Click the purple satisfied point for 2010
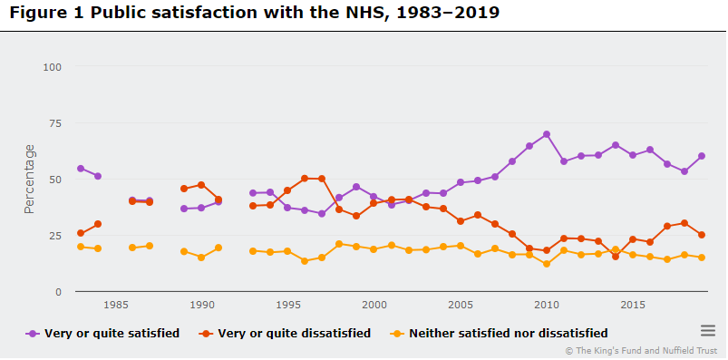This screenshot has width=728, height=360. pyautogui.click(x=547, y=134)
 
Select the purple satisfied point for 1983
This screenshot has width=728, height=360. pyautogui.click(x=81, y=169)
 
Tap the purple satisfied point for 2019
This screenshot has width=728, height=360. pyautogui.click(x=702, y=156)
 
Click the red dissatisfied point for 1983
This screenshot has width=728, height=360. pyautogui.click(x=81, y=233)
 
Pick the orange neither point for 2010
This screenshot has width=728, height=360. pyautogui.click(x=547, y=264)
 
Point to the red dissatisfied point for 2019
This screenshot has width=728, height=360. pyautogui.click(x=702, y=235)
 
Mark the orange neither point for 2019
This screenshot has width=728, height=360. pyautogui.click(x=702, y=258)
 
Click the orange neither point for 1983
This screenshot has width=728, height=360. pyautogui.click(x=81, y=247)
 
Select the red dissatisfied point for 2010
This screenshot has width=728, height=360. pyautogui.click(x=547, y=251)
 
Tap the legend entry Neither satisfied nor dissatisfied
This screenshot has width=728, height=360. pyautogui.click(x=508, y=333)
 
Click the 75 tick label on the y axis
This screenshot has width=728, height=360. pyautogui.click(x=54, y=123)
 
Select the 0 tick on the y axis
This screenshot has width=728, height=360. pyautogui.click(x=57, y=292)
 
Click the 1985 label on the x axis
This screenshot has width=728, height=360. pyautogui.click(x=115, y=306)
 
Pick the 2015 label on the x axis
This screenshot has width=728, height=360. pyautogui.click(x=633, y=306)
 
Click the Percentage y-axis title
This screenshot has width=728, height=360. pyautogui.click(x=30, y=179)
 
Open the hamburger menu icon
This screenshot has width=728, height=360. pyautogui.click(x=708, y=331)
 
